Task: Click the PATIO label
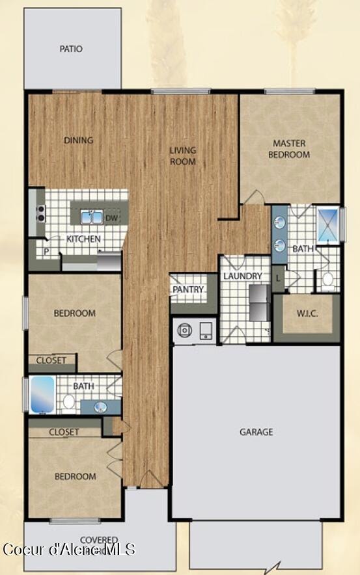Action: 71,49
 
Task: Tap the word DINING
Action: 78,140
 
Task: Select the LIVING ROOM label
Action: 183,156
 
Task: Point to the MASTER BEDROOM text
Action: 291,149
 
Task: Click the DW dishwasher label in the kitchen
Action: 112,218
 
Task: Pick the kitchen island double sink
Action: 91,217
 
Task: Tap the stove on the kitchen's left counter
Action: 40,213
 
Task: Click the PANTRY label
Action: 189,289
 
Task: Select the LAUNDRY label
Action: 242,276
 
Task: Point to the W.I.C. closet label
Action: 307,314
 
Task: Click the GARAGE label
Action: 256,431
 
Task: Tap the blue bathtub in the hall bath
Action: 43,395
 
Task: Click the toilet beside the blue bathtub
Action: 69,401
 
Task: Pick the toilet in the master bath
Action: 328,281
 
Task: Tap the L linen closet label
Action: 279,278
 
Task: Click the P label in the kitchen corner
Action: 46,250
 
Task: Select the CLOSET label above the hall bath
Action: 51,360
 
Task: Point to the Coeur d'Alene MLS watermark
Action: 68,550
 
